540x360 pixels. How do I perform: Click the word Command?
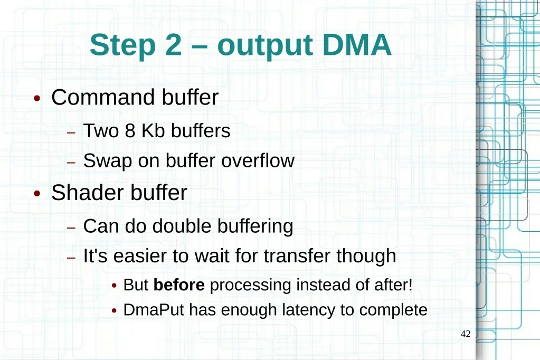104,97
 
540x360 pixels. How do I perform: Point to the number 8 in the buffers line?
130,131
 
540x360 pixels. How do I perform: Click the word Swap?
108,162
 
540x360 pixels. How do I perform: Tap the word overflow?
258,160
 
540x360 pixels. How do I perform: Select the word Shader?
88,192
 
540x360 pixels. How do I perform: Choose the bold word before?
179,285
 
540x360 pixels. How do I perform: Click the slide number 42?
466,334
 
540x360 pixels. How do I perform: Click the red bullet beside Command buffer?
37,99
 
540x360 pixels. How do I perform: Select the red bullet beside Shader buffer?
37,193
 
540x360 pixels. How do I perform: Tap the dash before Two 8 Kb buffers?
71,132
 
